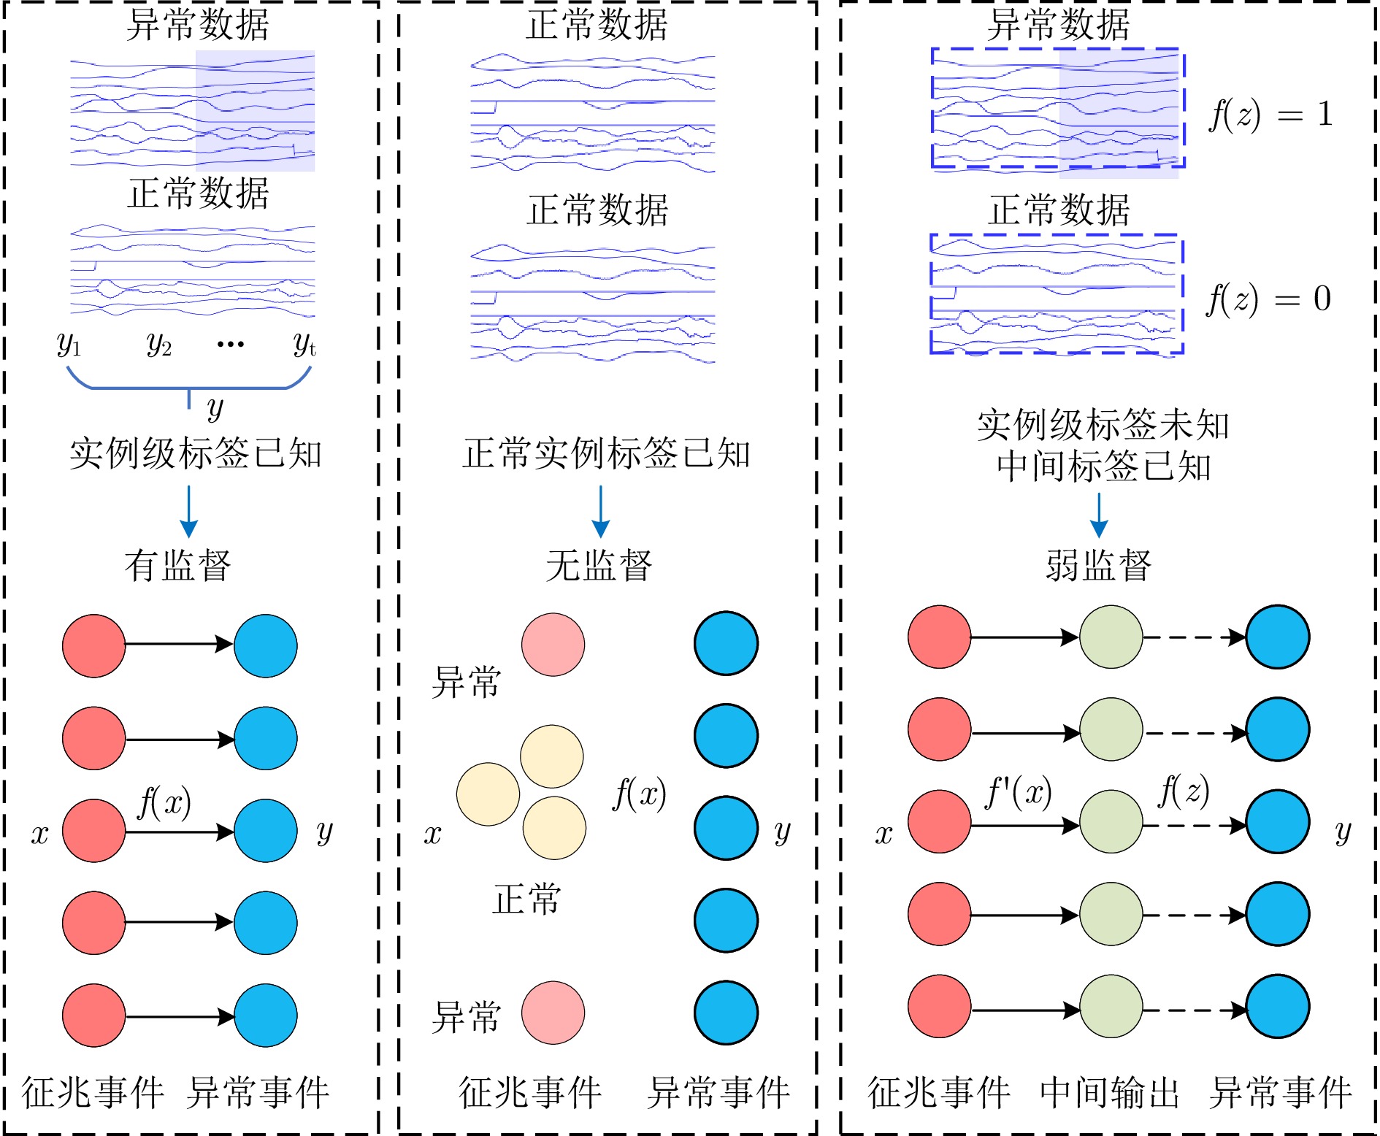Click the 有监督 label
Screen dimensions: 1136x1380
[x=177, y=566]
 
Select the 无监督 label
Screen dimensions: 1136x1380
[x=599, y=566]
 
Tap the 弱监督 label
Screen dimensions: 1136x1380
[x=1098, y=566]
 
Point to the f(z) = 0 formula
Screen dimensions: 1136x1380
[x=1269, y=299]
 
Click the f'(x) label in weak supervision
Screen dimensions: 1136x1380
[x=1018, y=791]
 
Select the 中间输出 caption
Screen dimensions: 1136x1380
[x=1110, y=1093]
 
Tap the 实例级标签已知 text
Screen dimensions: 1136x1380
[x=195, y=454]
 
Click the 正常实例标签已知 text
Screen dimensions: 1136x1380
[x=606, y=454]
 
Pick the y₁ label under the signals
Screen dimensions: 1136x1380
[x=69, y=343]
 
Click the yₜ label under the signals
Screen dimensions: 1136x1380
[x=304, y=343]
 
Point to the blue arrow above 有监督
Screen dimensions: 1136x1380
[x=189, y=511]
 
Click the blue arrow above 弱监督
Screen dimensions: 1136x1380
[x=1099, y=515]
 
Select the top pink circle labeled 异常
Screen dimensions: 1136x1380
[x=553, y=645]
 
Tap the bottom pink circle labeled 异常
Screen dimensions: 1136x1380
[x=553, y=1013]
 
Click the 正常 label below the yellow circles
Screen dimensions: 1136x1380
[x=526, y=899]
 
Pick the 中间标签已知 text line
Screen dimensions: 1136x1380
[x=1103, y=467]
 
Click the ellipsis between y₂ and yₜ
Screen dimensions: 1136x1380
[x=231, y=344]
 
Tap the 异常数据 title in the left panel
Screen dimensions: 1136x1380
[x=198, y=24]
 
